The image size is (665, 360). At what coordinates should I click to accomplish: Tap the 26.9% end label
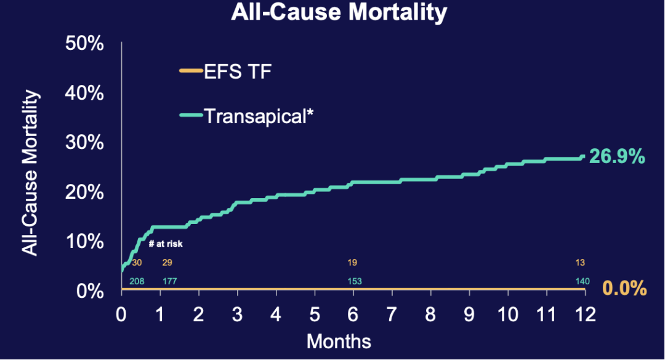(616, 157)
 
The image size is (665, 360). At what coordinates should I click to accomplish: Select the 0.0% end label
(624, 288)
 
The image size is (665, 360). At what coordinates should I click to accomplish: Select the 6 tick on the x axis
(353, 316)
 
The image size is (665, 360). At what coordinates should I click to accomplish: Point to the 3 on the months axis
(238, 316)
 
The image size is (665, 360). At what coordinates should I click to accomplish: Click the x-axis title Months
(339, 341)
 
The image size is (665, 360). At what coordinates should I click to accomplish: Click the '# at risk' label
(166, 244)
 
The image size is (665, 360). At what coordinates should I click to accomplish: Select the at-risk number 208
(137, 282)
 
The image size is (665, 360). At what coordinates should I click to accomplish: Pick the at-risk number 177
(170, 282)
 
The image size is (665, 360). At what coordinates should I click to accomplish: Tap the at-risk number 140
(582, 282)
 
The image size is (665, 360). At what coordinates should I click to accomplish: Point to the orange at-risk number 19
(352, 263)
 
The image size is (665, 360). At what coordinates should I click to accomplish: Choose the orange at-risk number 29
(167, 263)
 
